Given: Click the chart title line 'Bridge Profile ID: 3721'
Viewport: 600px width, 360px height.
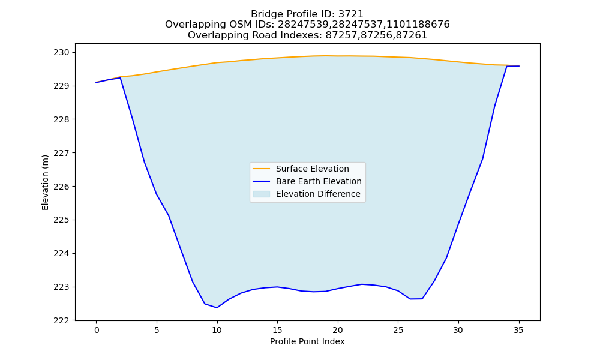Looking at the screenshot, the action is pos(307,14).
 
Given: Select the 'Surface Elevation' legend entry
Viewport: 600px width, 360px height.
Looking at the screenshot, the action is pos(301,169).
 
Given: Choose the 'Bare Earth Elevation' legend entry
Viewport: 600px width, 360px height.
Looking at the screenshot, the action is pos(307,181).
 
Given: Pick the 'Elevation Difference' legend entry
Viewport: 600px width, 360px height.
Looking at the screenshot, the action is pos(307,194).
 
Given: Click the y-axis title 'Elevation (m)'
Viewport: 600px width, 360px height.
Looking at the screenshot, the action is pos(45,182).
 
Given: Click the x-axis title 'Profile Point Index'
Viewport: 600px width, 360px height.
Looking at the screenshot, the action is pos(307,341).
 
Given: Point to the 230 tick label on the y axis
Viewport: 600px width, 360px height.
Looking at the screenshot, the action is pos(61,52).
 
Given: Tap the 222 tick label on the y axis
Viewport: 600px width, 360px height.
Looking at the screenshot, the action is pos(61,320).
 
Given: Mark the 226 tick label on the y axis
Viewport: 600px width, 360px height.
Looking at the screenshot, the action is pos(61,187).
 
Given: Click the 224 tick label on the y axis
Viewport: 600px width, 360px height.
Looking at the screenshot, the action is pos(61,254).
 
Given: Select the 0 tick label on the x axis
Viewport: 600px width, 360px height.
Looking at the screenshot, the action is pos(97,330).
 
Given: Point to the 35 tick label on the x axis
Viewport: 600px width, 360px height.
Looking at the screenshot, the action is pos(518,330).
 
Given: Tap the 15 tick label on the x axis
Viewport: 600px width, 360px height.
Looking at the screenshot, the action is pos(277,330).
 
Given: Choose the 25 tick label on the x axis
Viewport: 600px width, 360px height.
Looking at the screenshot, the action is pos(398,330).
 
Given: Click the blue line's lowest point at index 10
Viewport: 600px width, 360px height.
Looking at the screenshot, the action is pos(217,308).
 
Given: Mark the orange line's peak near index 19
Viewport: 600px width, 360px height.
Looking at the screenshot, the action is pos(326,56).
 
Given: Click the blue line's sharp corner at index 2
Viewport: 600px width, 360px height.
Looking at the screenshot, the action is pos(121,77).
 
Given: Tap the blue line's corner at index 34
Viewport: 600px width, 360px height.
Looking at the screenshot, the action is pos(506,66).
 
